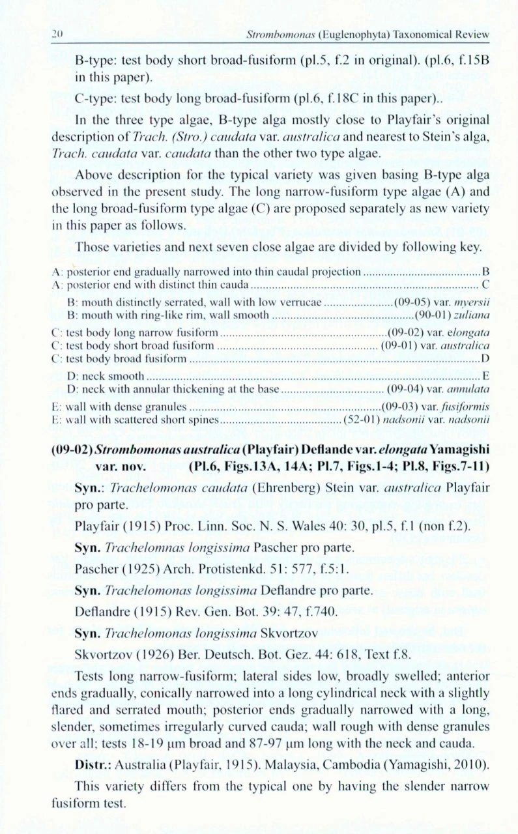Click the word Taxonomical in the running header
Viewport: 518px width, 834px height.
tap(424, 35)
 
